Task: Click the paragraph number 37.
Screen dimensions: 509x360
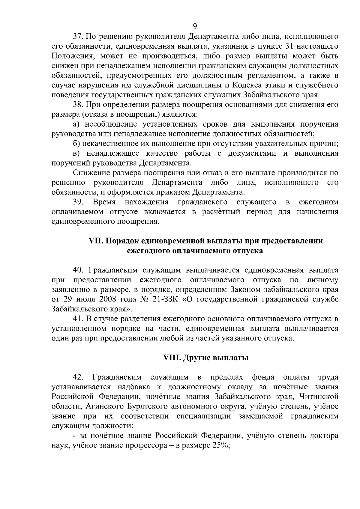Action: pyautogui.click(x=79, y=37)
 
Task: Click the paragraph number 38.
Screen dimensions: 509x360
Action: pyautogui.click(x=79, y=105)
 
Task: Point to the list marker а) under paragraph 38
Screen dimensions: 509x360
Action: pyautogui.click(x=76, y=124)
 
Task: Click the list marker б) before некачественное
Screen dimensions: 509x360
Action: pyautogui.click(x=76, y=144)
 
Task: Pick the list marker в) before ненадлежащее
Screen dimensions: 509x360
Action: pyautogui.click(x=76, y=154)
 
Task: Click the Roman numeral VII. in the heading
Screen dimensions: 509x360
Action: pyautogui.click(x=96, y=241)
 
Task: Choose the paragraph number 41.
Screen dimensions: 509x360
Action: pyautogui.click(x=79, y=319)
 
